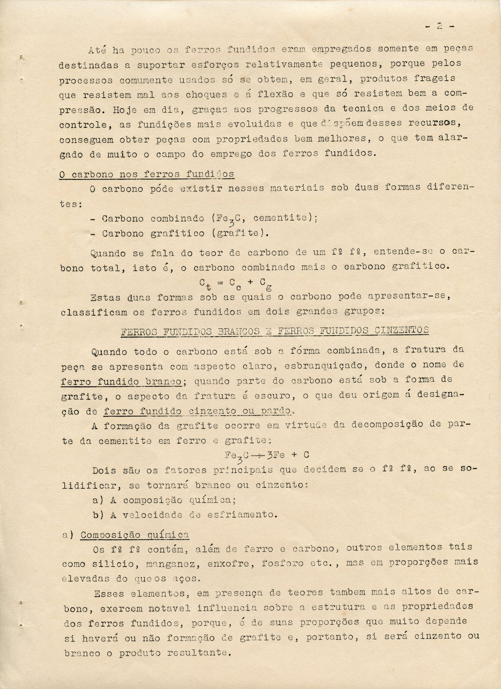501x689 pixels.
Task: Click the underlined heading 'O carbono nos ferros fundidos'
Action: (147, 174)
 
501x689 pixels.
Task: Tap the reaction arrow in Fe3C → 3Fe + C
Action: (258, 455)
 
